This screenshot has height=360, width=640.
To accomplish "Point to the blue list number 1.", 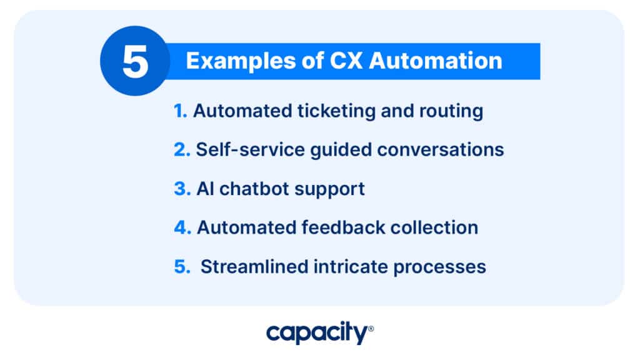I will click(180, 111).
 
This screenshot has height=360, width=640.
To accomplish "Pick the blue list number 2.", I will click(181, 149).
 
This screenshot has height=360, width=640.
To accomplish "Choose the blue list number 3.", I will click(181, 188).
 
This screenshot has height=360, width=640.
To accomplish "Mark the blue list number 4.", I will click(182, 227).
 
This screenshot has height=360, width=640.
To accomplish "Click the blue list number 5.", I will click(181, 266).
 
